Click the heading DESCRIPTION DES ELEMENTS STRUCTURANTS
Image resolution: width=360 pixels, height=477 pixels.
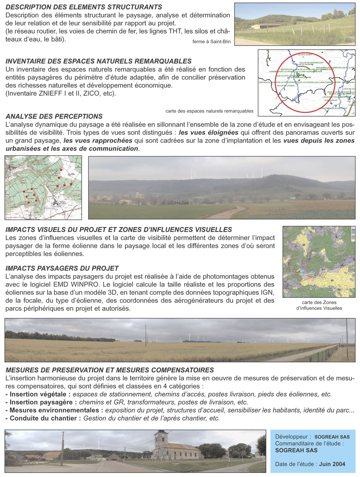(x=84, y=7)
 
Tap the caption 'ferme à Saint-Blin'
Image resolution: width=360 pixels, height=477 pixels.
(x=212, y=42)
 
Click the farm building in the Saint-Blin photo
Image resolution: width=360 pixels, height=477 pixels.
(x=266, y=26)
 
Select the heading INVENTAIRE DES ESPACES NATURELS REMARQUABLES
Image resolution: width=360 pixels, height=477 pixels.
(x=99, y=61)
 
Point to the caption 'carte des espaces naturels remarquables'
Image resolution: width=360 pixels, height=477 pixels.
(x=209, y=111)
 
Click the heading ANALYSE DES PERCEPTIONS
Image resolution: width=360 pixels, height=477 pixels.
(x=54, y=116)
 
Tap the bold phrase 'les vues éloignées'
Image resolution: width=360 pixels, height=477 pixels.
(x=208, y=132)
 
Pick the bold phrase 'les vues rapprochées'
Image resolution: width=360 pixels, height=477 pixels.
(x=98, y=140)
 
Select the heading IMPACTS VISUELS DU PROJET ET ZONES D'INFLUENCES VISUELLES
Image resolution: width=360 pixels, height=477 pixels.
(x=119, y=230)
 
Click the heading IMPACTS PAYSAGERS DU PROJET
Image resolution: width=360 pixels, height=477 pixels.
(x=62, y=268)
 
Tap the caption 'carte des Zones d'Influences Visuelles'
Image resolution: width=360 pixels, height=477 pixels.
(x=319, y=305)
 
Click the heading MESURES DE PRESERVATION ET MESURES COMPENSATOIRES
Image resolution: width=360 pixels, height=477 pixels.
(x=110, y=370)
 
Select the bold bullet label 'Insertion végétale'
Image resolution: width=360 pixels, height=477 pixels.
(x=38, y=394)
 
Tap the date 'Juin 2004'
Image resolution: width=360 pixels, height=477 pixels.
(x=332, y=464)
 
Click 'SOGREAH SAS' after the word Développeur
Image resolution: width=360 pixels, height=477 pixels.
(x=332, y=437)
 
